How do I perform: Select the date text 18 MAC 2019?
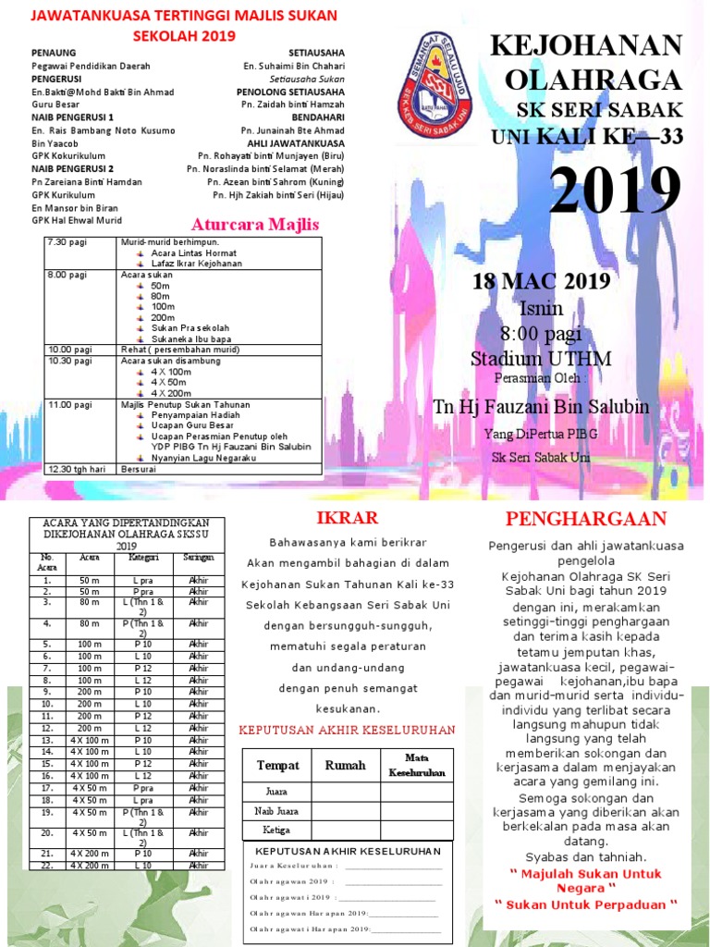click(541, 281)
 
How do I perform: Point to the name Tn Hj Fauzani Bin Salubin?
click(541, 407)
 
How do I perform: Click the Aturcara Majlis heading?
click(254, 225)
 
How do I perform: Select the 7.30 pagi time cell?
click(66, 242)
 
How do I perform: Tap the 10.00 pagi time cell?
click(68, 350)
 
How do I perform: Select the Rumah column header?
click(345, 765)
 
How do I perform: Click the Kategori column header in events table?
click(142, 558)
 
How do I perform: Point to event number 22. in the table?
click(45, 865)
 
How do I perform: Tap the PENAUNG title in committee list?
click(55, 54)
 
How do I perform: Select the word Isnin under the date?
click(541, 308)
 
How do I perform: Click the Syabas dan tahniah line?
click(586, 856)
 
